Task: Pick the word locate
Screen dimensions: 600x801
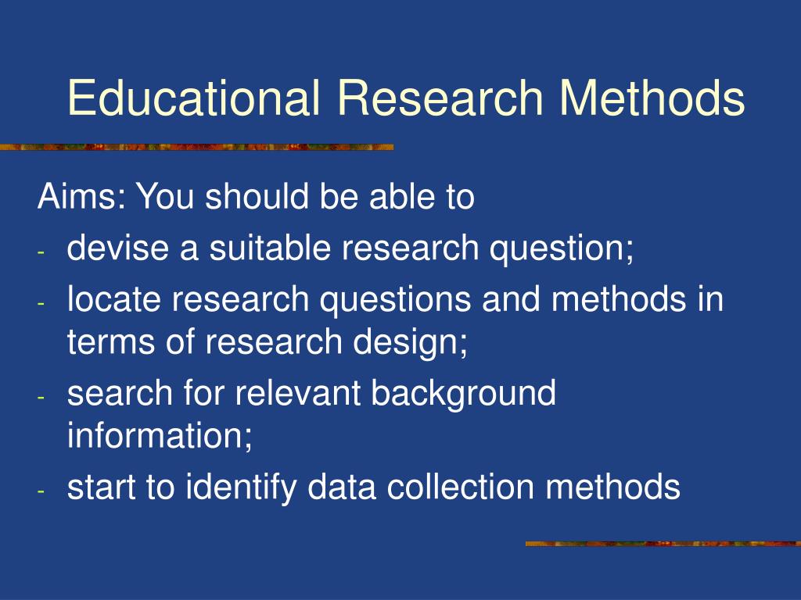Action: pos(111,300)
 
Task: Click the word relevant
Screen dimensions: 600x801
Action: pos(300,392)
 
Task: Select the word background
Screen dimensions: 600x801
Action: pos(463,394)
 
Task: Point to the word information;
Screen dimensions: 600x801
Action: pos(160,435)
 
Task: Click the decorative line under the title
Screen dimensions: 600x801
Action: pos(196,147)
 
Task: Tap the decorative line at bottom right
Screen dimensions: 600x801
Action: pos(663,543)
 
